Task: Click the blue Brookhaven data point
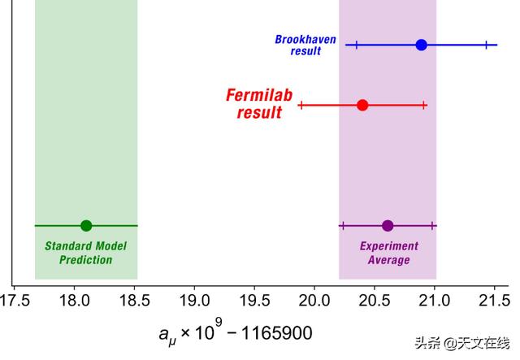click(421, 45)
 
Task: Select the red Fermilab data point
click(362, 105)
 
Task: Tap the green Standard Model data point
click(86, 226)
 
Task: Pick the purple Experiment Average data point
click(388, 226)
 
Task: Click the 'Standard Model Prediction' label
click(86, 253)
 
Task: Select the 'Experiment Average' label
click(388, 253)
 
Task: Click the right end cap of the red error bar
click(423, 105)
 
